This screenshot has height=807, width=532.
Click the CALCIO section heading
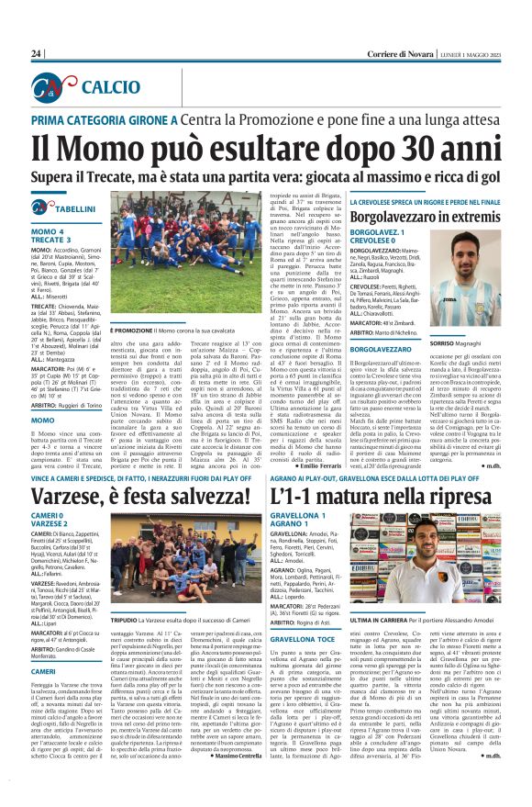(x=111, y=87)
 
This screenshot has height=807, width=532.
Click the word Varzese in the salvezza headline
(x=77, y=499)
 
